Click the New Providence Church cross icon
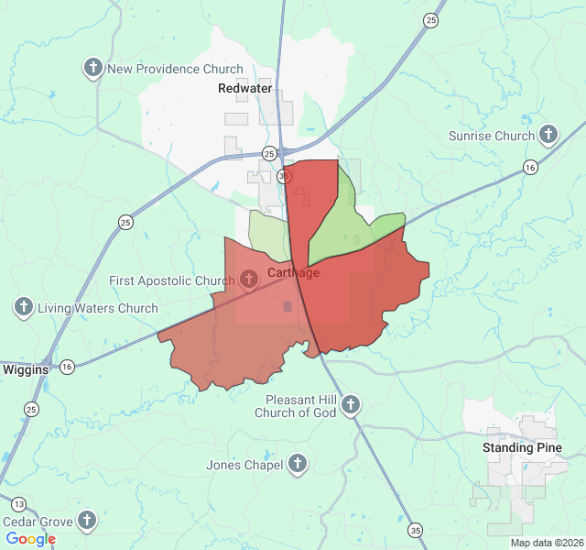[x=92, y=69]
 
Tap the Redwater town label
[x=244, y=88]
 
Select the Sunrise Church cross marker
[x=548, y=136]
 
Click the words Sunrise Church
[x=491, y=137]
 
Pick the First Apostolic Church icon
[x=249, y=279]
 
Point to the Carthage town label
[x=294, y=272]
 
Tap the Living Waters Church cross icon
[x=24, y=308]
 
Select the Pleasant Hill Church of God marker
[x=350, y=404]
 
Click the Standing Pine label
[x=522, y=448]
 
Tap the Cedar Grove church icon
[x=87, y=522]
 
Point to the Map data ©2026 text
[x=547, y=543]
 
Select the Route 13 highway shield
[x=19, y=503]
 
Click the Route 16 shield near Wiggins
[x=67, y=367]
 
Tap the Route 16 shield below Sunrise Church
[x=530, y=167]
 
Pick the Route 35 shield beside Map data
[x=417, y=530]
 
